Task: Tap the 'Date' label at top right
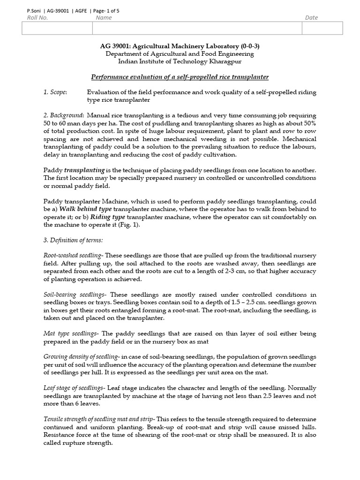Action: (311, 18)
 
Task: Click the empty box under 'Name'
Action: (197, 28)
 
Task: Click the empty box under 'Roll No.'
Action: (57, 28)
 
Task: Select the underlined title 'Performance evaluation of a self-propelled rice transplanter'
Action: (180, 77)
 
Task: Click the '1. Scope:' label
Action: (55, 92)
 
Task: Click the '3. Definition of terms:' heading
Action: (73, 240)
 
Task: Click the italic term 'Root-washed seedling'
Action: (73, 255)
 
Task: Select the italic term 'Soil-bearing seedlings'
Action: (75, 294)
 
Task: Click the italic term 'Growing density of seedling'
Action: (80, 357)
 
